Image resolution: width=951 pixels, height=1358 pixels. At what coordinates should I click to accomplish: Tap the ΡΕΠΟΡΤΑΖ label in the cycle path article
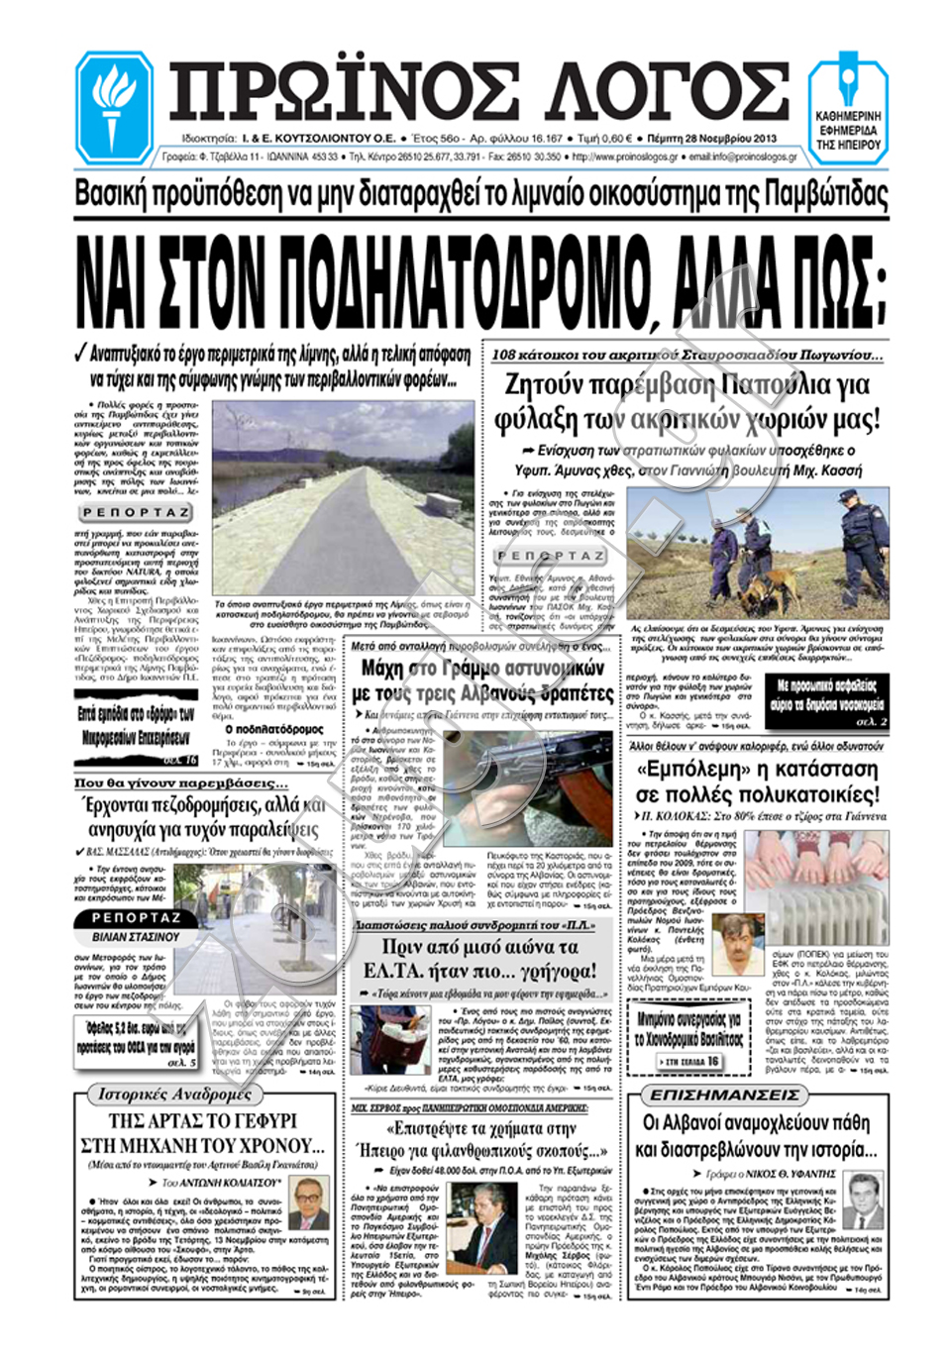tap(135, 512)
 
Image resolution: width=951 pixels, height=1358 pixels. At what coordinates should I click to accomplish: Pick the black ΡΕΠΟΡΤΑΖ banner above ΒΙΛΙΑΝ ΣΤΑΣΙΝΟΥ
tap(136, 918)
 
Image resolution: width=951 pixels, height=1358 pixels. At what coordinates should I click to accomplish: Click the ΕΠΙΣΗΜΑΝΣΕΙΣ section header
tap(723, 1095)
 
